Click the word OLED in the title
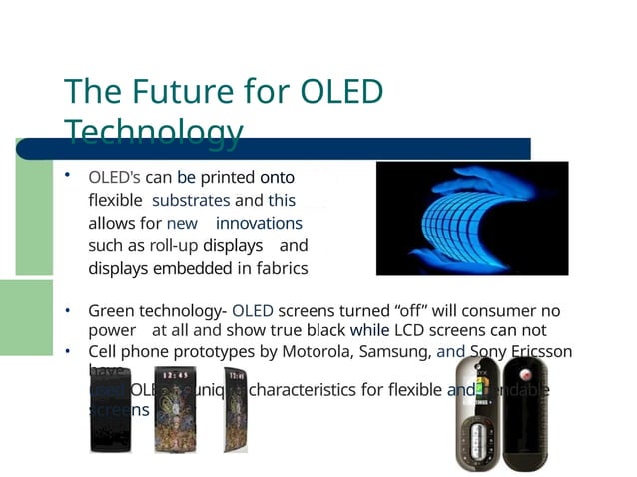[340, 92]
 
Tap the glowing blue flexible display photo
[471, 218]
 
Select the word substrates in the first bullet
[190, 200]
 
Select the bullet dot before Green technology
[67, 311]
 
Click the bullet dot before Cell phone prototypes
[67, 351]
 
